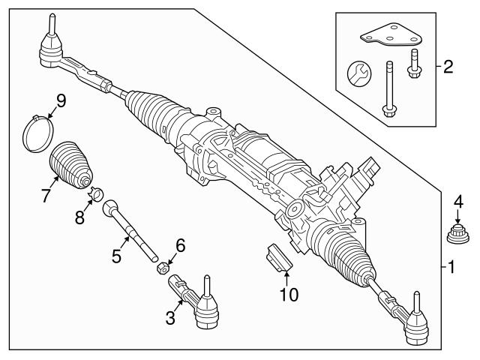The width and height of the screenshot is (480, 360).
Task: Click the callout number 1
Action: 450,266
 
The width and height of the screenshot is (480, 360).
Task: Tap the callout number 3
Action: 170,319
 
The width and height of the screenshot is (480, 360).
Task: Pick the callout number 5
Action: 116,256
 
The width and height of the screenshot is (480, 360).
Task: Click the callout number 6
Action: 179,244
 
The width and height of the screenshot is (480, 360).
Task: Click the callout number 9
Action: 61,99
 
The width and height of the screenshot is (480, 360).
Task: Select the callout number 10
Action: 287,294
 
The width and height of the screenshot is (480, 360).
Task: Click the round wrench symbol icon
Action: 358,75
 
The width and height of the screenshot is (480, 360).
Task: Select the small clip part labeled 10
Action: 277,258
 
